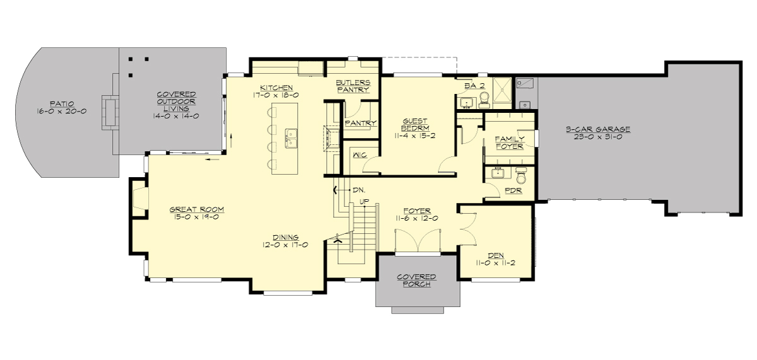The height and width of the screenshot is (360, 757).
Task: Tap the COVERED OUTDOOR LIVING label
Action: [177, 101]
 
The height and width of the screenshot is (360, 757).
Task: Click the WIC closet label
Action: [360, 154]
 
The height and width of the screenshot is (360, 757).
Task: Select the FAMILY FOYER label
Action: [509, 142]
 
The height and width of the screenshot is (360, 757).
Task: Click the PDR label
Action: [513, 190]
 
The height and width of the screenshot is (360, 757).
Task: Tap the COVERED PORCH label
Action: [416, 281]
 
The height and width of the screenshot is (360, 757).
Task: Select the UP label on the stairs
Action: [364, 202]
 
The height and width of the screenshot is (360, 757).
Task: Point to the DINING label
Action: [286, 238]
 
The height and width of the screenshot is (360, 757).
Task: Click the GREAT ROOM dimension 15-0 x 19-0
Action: [197, 218]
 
